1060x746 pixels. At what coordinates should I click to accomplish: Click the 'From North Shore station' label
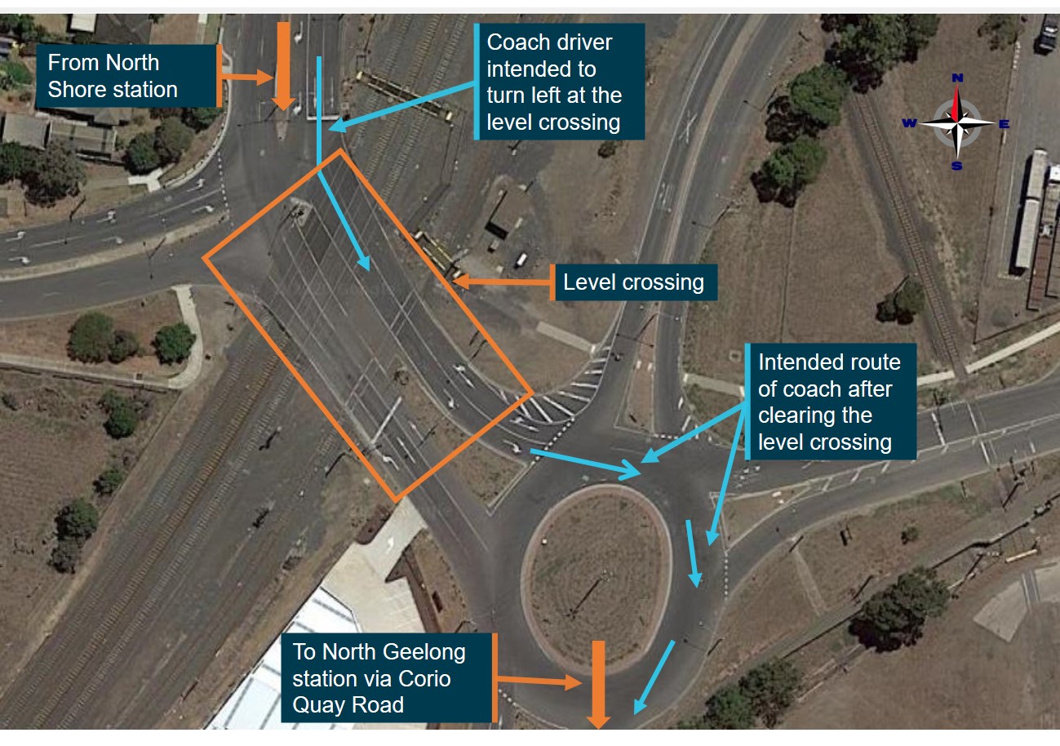tap(127, 76)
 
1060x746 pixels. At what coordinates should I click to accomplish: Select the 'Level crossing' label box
tap(634, 282)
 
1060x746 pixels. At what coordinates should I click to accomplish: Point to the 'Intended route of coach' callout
tap(828, 402)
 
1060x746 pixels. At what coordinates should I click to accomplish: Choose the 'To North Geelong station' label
tap(388, 678)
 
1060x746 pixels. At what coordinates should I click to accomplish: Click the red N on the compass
tap(958, 78)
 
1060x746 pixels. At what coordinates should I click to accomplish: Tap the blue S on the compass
tap(957, 167)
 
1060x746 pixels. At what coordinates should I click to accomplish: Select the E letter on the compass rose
tap(1004, 124)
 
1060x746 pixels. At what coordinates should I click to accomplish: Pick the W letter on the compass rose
tap(909, 123)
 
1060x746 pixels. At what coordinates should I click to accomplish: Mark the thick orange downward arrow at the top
tap(283, 65)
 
